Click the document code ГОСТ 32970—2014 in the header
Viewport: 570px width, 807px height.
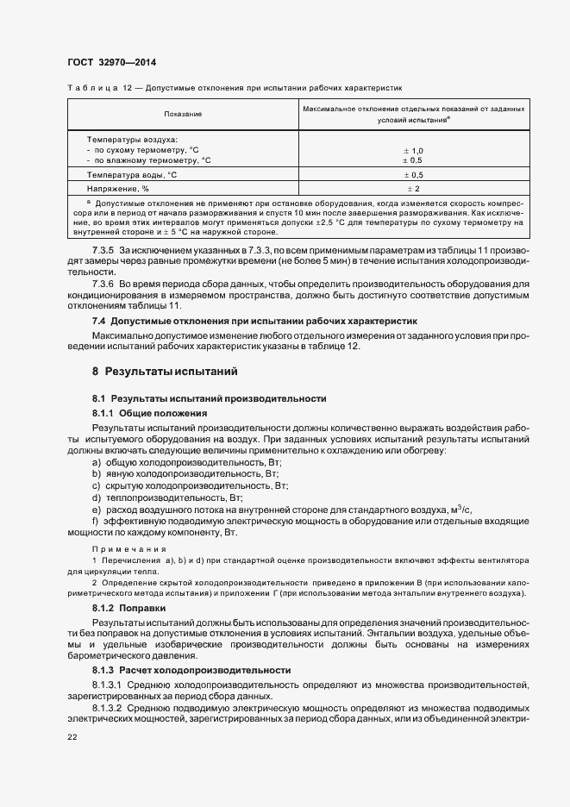click(x=111, y=62)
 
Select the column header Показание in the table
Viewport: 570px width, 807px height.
click(x=183, y=114)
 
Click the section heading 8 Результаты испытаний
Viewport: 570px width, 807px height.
click(x=160, y=372)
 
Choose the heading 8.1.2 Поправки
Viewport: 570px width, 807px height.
click(x=126, y=609)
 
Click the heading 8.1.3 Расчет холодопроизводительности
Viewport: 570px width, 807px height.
click(x=191, y=670)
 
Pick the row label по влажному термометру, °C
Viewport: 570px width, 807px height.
click(x=148, y=160)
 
